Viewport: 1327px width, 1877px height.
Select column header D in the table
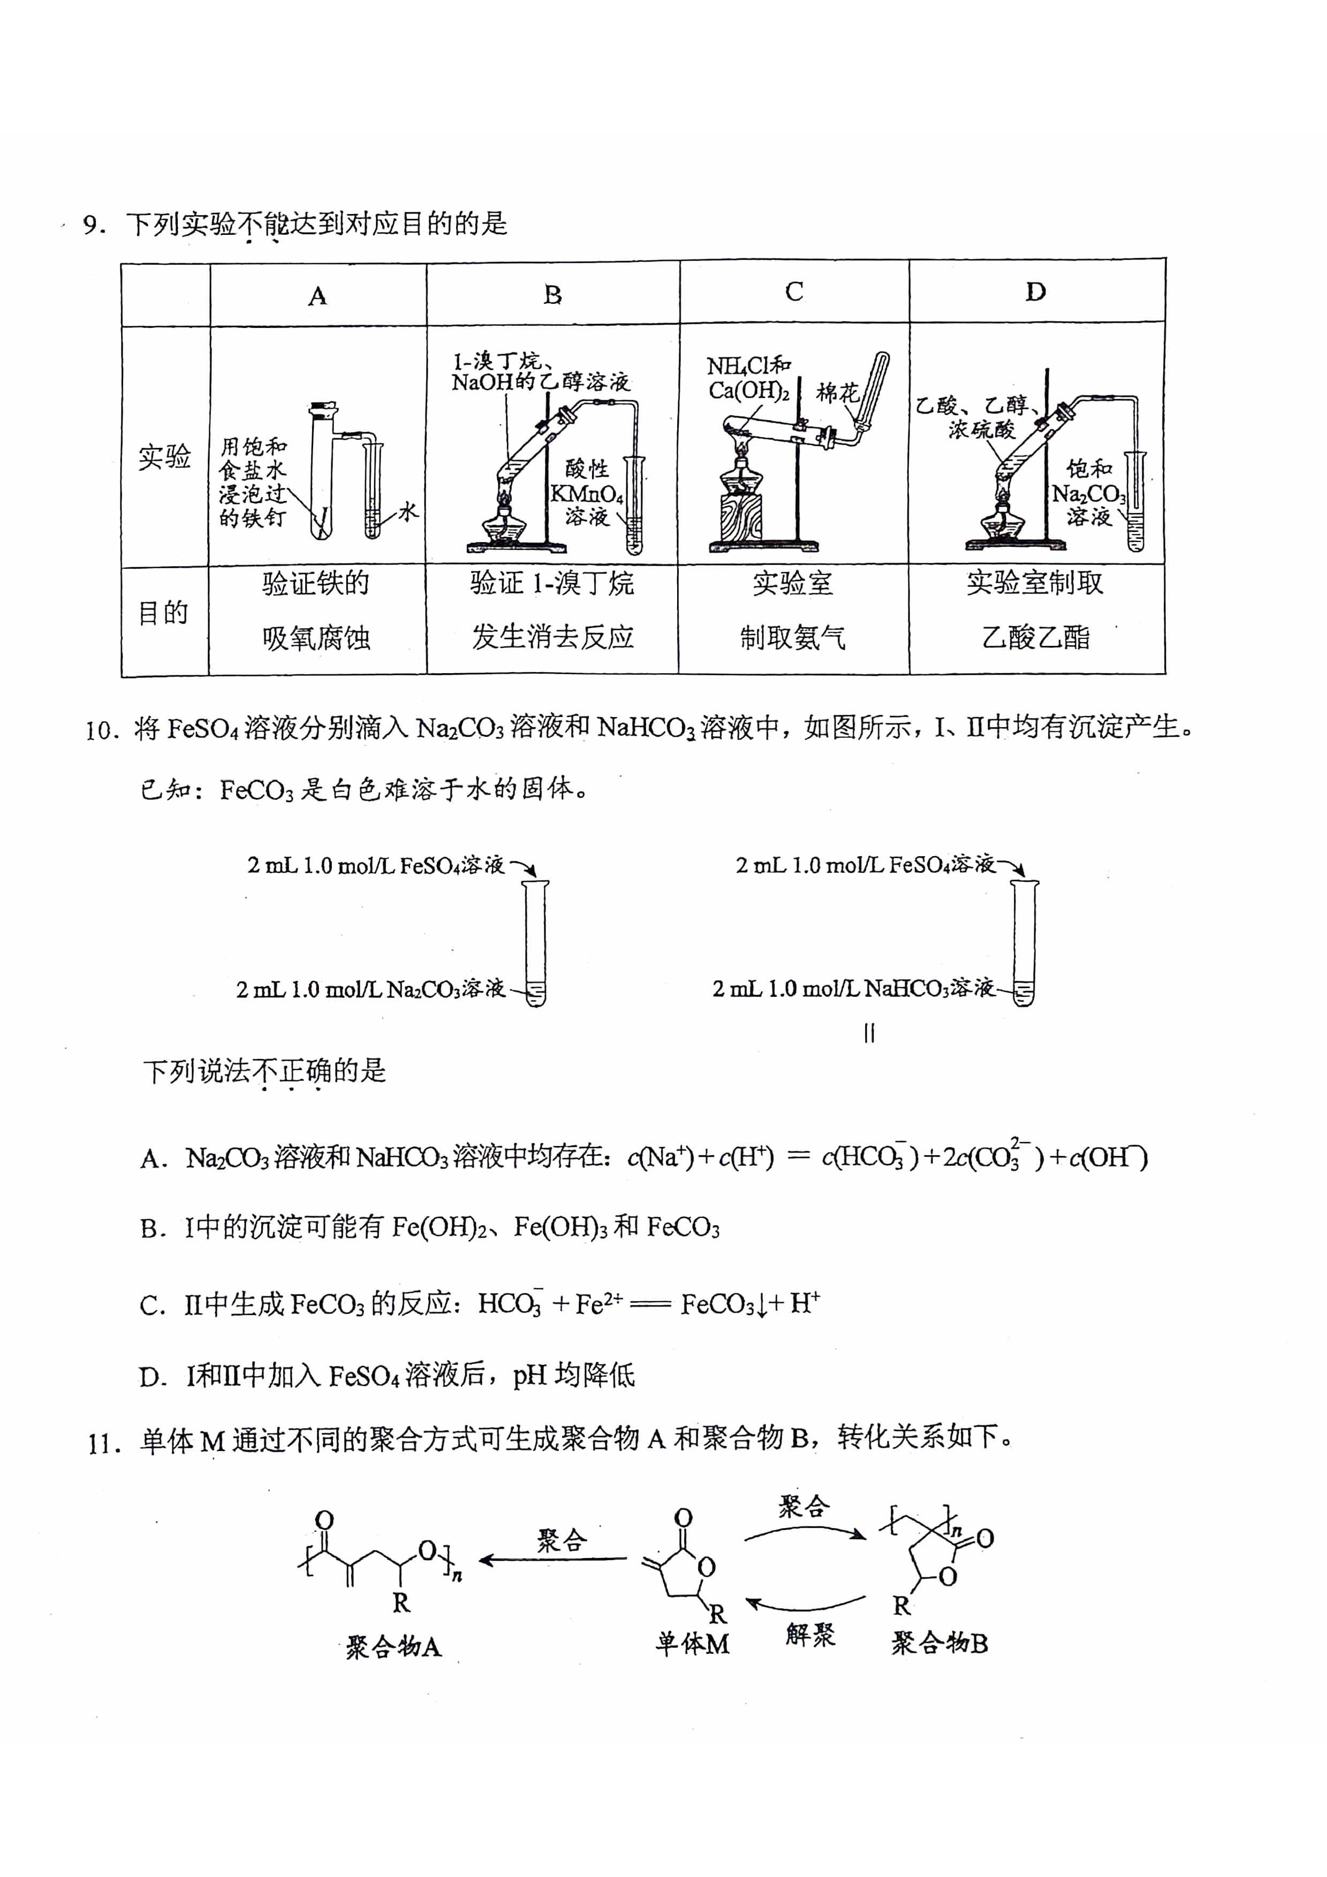1035,291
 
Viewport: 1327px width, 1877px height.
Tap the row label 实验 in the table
164,456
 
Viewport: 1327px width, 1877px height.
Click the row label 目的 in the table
163,612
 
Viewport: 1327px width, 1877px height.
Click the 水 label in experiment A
407,513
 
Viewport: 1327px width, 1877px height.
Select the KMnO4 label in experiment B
586,494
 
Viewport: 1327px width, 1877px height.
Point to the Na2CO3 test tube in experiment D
1135,500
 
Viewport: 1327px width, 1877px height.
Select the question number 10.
103,728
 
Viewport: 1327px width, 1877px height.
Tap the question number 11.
105,1443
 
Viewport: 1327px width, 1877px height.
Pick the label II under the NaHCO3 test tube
869,1034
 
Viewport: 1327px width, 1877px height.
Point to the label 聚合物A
393,1646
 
